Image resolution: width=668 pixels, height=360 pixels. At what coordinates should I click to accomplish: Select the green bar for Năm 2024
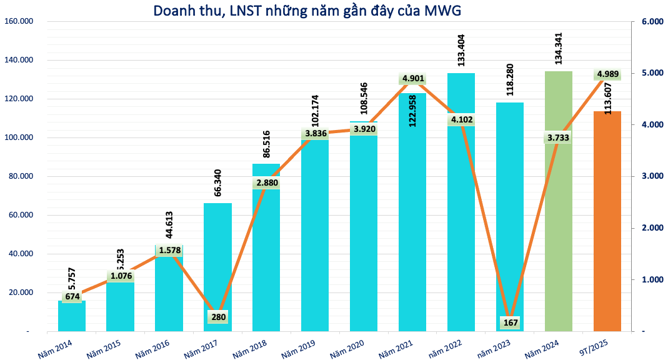[x=559, y=237]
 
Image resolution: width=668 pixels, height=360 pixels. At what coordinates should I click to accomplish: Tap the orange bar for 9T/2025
[x=607, y=237]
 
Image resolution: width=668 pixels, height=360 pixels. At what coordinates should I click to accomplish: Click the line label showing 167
[x=510, y=322]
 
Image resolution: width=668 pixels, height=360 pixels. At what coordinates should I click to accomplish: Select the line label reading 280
[x=217, y=316]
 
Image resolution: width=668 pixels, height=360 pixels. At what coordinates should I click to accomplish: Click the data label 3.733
[x=559, y=138]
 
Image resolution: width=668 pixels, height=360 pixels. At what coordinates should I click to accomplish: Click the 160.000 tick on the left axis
[x=18, y=22]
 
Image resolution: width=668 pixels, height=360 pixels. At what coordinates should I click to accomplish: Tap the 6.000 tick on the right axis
[x=651, y=22]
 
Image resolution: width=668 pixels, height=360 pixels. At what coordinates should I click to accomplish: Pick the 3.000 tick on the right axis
[x=651, y=176]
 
